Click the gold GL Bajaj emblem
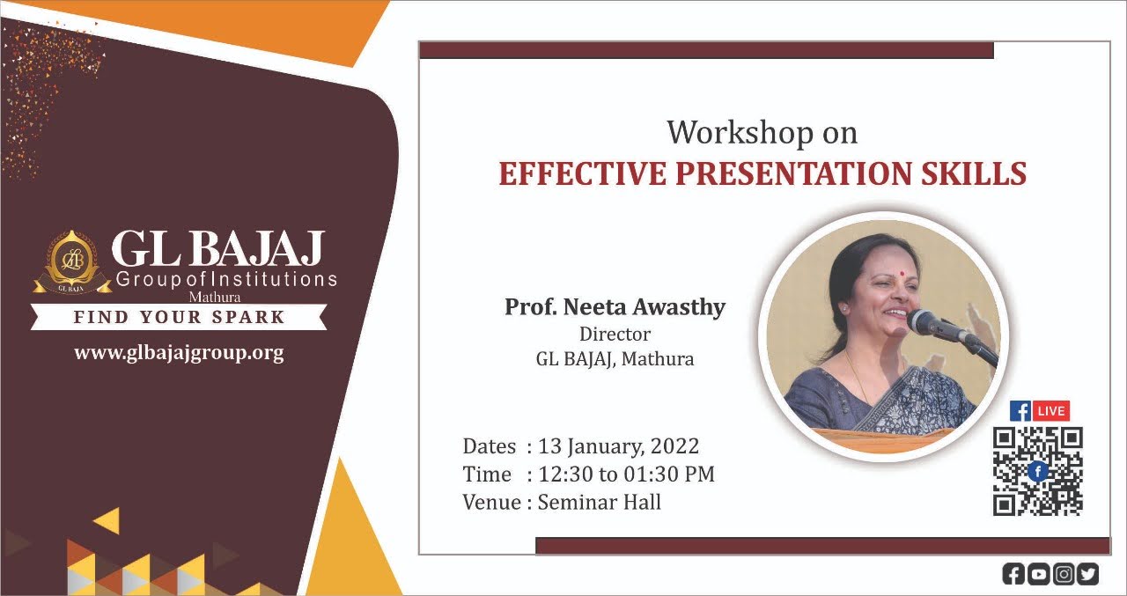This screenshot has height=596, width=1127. pos(72,262)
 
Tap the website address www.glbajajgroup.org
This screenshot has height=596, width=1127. pos(179,353)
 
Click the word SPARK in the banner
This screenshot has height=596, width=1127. pos(248,317)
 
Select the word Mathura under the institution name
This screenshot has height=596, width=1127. pos(214,297)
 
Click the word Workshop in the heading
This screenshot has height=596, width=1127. pos(740,133)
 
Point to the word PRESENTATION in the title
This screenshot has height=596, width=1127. pos(794,173)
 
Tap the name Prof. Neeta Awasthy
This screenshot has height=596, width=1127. pos(615,306)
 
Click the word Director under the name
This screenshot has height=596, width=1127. pos(615,334)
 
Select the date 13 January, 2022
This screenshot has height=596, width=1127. pos(619,446)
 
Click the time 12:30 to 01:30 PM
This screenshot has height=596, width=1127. pos(626,474)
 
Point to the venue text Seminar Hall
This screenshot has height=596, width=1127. pos(600,502)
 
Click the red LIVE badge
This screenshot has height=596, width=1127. pos(1050,411)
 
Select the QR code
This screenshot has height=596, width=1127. pos(1037,471)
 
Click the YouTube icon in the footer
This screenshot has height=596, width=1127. pos(1038,574)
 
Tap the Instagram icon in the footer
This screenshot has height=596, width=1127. pos(1064,574)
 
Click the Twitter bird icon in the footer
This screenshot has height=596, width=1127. pos(1087,574)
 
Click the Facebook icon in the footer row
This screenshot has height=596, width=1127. pos(1013,574)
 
